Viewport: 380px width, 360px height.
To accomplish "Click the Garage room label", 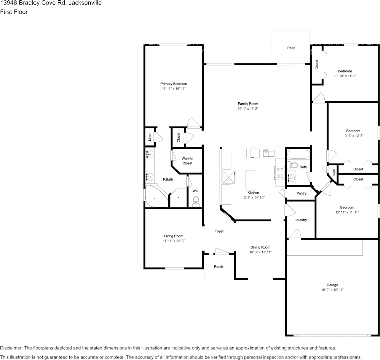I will (332, 285).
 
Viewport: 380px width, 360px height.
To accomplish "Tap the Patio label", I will (291, 48).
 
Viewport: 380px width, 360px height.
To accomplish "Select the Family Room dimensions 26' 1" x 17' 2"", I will (248, 109).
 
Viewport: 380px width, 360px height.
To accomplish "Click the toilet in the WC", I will (196, 201).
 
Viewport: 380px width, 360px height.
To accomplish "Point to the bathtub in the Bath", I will (299, 155).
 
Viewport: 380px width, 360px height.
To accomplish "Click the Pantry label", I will (301, 193).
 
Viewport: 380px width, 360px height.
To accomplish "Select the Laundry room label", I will (300, 220).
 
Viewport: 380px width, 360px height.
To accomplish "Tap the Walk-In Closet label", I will (187, 161).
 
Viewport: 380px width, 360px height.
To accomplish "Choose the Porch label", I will (219, 266).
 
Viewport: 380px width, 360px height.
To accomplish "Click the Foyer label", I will (219, 231).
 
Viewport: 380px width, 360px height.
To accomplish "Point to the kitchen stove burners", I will (280, 173).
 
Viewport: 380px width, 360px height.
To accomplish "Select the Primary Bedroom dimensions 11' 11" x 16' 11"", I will (173, 89).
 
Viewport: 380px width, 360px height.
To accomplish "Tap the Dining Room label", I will (260, 247).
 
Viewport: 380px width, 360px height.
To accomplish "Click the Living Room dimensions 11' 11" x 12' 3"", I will (174, 241).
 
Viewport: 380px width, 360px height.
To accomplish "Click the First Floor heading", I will (14, 12).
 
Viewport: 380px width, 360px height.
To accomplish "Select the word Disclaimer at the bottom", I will (11, 348).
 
